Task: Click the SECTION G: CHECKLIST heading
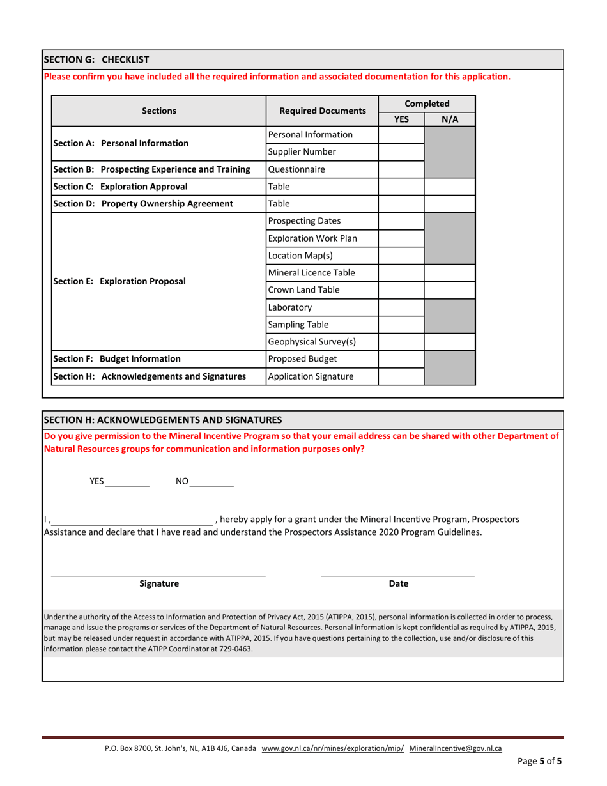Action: [x=96, y=59]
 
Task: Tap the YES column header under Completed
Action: [x=401, y=119]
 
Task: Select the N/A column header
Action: [x=450, y=119]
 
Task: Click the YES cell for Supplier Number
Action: [x=401, y=152]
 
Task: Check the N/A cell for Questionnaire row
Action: [x=450, y=170]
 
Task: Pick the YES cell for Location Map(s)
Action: [x=401, y=256]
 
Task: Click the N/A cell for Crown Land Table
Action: [x=450, y=290]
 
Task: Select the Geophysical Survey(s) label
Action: [x=312, y=341]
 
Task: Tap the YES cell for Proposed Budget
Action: [x=401, y=358]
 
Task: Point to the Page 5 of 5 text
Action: [x=539, y=761]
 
